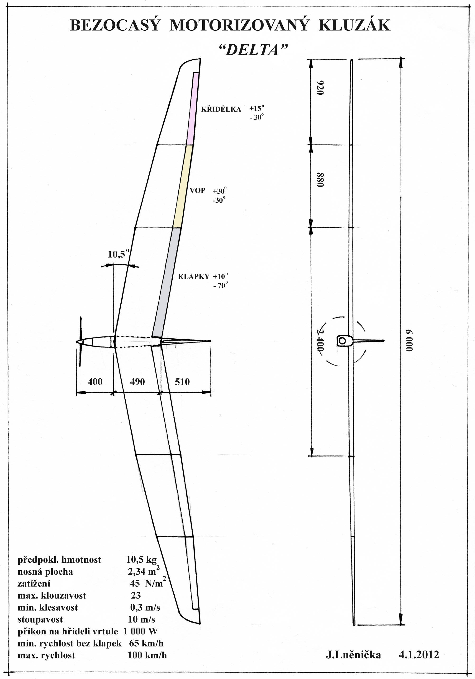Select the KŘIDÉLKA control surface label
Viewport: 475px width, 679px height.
pyautogui.click(x=221, y=109)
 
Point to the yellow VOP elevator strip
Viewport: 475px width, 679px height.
pyautogui.click(x=183, y=186)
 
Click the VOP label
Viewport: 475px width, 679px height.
pyautogui.click(x=198, y=190)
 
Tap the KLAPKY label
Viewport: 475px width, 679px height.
pyautogui.click(x=194, y=276)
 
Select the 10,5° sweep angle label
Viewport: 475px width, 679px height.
pyautogui.click(x=118, y=254)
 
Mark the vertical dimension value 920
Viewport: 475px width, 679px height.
pyautogui.click(x=320, y=88)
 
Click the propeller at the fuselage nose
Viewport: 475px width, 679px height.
pyautogui.click(x=80, y=342)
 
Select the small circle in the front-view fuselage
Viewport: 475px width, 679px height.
pyautogui.click(x=342, y=341)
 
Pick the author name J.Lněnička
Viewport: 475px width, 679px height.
pyautogui.click(x=353, y=655)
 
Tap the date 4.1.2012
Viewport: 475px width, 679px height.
pyautogui.click(x=419, y=655)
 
